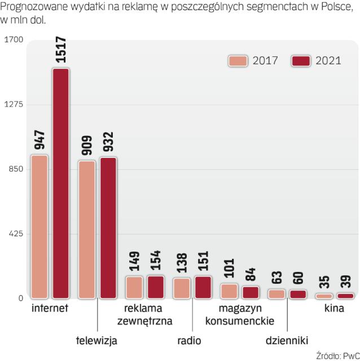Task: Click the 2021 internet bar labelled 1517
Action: pos(60,183)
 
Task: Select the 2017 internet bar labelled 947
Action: pos(39,226)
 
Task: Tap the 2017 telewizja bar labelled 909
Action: pos(87,229)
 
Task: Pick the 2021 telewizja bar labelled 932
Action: pos(108,227)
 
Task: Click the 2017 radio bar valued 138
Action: pos(182,288)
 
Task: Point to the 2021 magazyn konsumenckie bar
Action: pos(250,292)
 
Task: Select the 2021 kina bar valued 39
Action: pos(344,296)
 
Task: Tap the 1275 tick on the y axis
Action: pos(13,104)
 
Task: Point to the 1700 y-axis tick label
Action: pos(13,39)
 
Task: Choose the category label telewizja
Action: pos(96,340)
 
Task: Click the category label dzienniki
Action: pos(287,340)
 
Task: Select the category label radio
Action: pos(189,340)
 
